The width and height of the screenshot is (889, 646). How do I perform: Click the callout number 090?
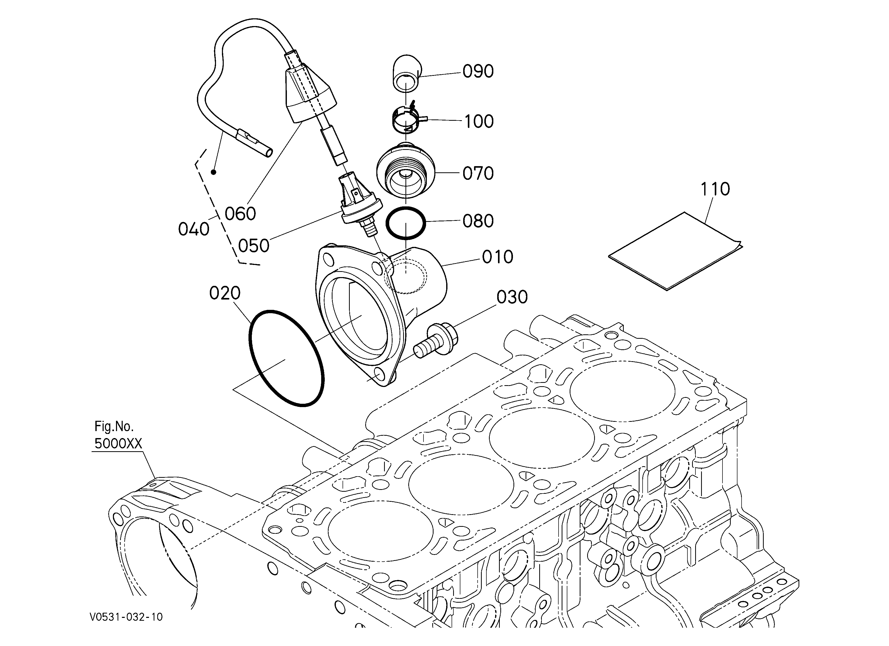(478, 71)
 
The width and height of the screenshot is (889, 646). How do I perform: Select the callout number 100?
(479, 122)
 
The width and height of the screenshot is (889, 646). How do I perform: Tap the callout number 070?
(478, 173)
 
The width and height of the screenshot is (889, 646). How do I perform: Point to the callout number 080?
(478, 221)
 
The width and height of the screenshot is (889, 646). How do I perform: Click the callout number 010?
(497, 257)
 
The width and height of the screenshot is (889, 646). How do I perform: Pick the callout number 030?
(512, 297)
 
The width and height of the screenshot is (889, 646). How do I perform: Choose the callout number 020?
(225, 293)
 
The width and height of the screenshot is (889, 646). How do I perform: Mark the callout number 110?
(715, 189)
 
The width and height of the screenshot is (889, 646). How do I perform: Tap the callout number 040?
(194, 229)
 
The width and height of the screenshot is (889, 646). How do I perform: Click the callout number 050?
(254, 246)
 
